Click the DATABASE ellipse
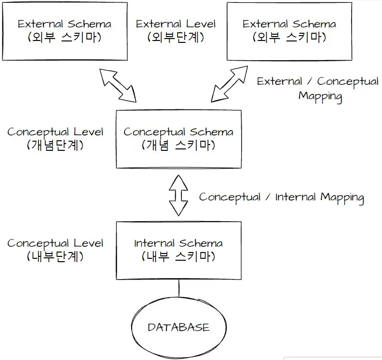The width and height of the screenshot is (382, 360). tap(178, 328)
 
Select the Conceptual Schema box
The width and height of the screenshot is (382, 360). tap(178, 139)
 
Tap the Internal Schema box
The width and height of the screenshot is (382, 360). tap(178, 250)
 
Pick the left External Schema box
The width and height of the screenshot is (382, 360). tap(64, 30)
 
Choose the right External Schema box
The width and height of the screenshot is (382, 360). tap(289, 30)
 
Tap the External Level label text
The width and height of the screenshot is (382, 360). tap(176, 24)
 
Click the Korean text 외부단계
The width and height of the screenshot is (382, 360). tap(176, 38)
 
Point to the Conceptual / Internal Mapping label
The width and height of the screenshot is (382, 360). tap(281, 197)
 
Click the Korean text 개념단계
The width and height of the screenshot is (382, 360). tap(55, 145)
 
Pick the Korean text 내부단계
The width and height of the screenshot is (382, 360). tap(55, 256)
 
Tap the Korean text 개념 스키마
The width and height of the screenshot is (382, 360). tap(178, 145)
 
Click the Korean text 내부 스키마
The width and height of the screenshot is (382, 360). tap(178, 256)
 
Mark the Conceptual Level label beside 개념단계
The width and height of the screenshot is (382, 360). tap(55, 132)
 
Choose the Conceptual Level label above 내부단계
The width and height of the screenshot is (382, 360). tap(55, 243)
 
